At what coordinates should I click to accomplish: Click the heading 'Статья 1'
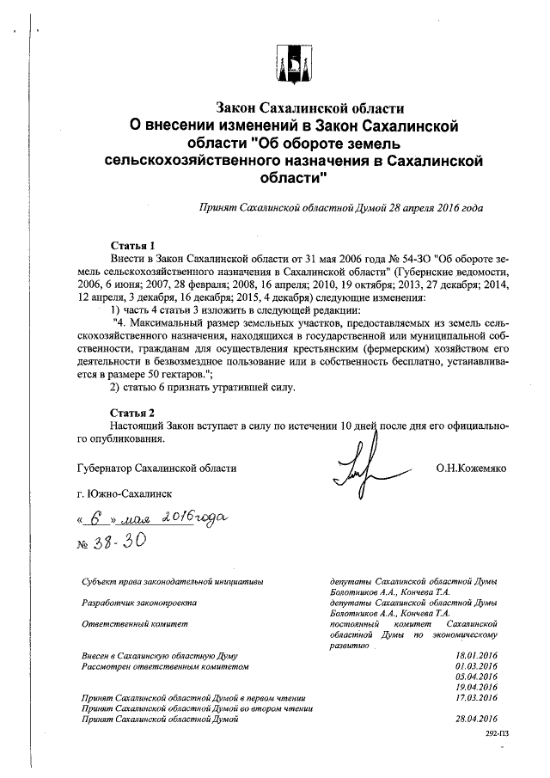click(133, 244)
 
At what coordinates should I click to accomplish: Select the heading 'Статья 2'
click(133, 412)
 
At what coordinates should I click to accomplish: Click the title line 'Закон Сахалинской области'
click(309, 108)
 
